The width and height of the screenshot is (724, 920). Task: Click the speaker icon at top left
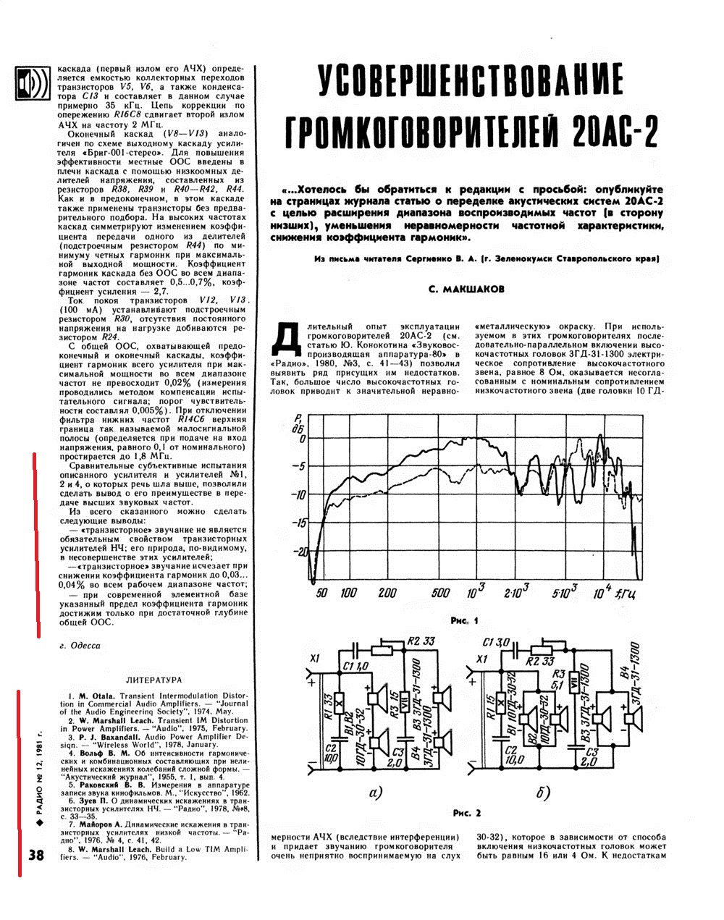32,84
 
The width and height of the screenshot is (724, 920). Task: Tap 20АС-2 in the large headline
615,130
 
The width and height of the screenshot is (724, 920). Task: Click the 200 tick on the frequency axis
387,594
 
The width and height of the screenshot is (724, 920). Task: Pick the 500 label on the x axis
440,594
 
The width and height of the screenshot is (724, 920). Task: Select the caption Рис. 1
464,621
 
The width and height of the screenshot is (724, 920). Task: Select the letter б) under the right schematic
543,793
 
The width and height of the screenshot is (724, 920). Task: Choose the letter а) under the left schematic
375,793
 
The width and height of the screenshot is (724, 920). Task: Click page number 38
36,855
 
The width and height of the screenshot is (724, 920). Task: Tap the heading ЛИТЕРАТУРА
153,680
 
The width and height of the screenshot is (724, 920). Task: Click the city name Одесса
81,646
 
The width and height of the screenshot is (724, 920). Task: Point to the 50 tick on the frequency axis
321,594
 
